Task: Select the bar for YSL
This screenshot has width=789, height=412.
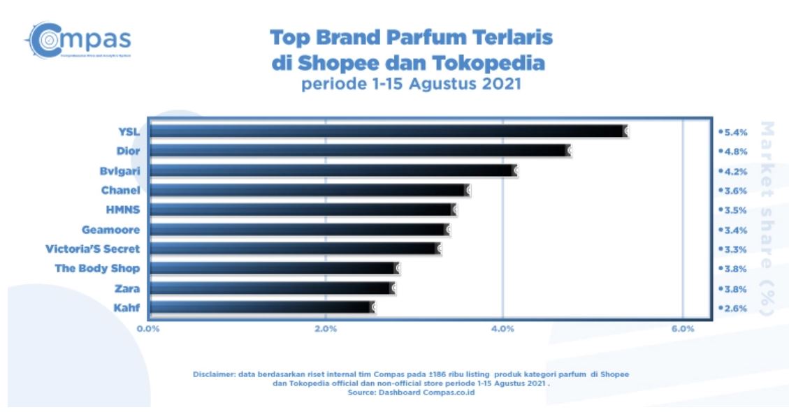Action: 388,131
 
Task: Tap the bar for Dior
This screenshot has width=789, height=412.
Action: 360,150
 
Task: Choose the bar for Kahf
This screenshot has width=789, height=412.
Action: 262,307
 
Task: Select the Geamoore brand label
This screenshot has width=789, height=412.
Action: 111,229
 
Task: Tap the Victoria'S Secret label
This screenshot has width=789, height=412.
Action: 92,249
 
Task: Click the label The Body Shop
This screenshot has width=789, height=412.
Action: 97,268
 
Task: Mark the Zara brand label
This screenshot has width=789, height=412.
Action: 127,288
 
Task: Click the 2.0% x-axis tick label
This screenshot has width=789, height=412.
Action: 326,329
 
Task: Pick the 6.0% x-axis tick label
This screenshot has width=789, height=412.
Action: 682,329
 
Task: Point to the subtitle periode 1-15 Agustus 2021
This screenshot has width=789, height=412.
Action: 412,85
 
